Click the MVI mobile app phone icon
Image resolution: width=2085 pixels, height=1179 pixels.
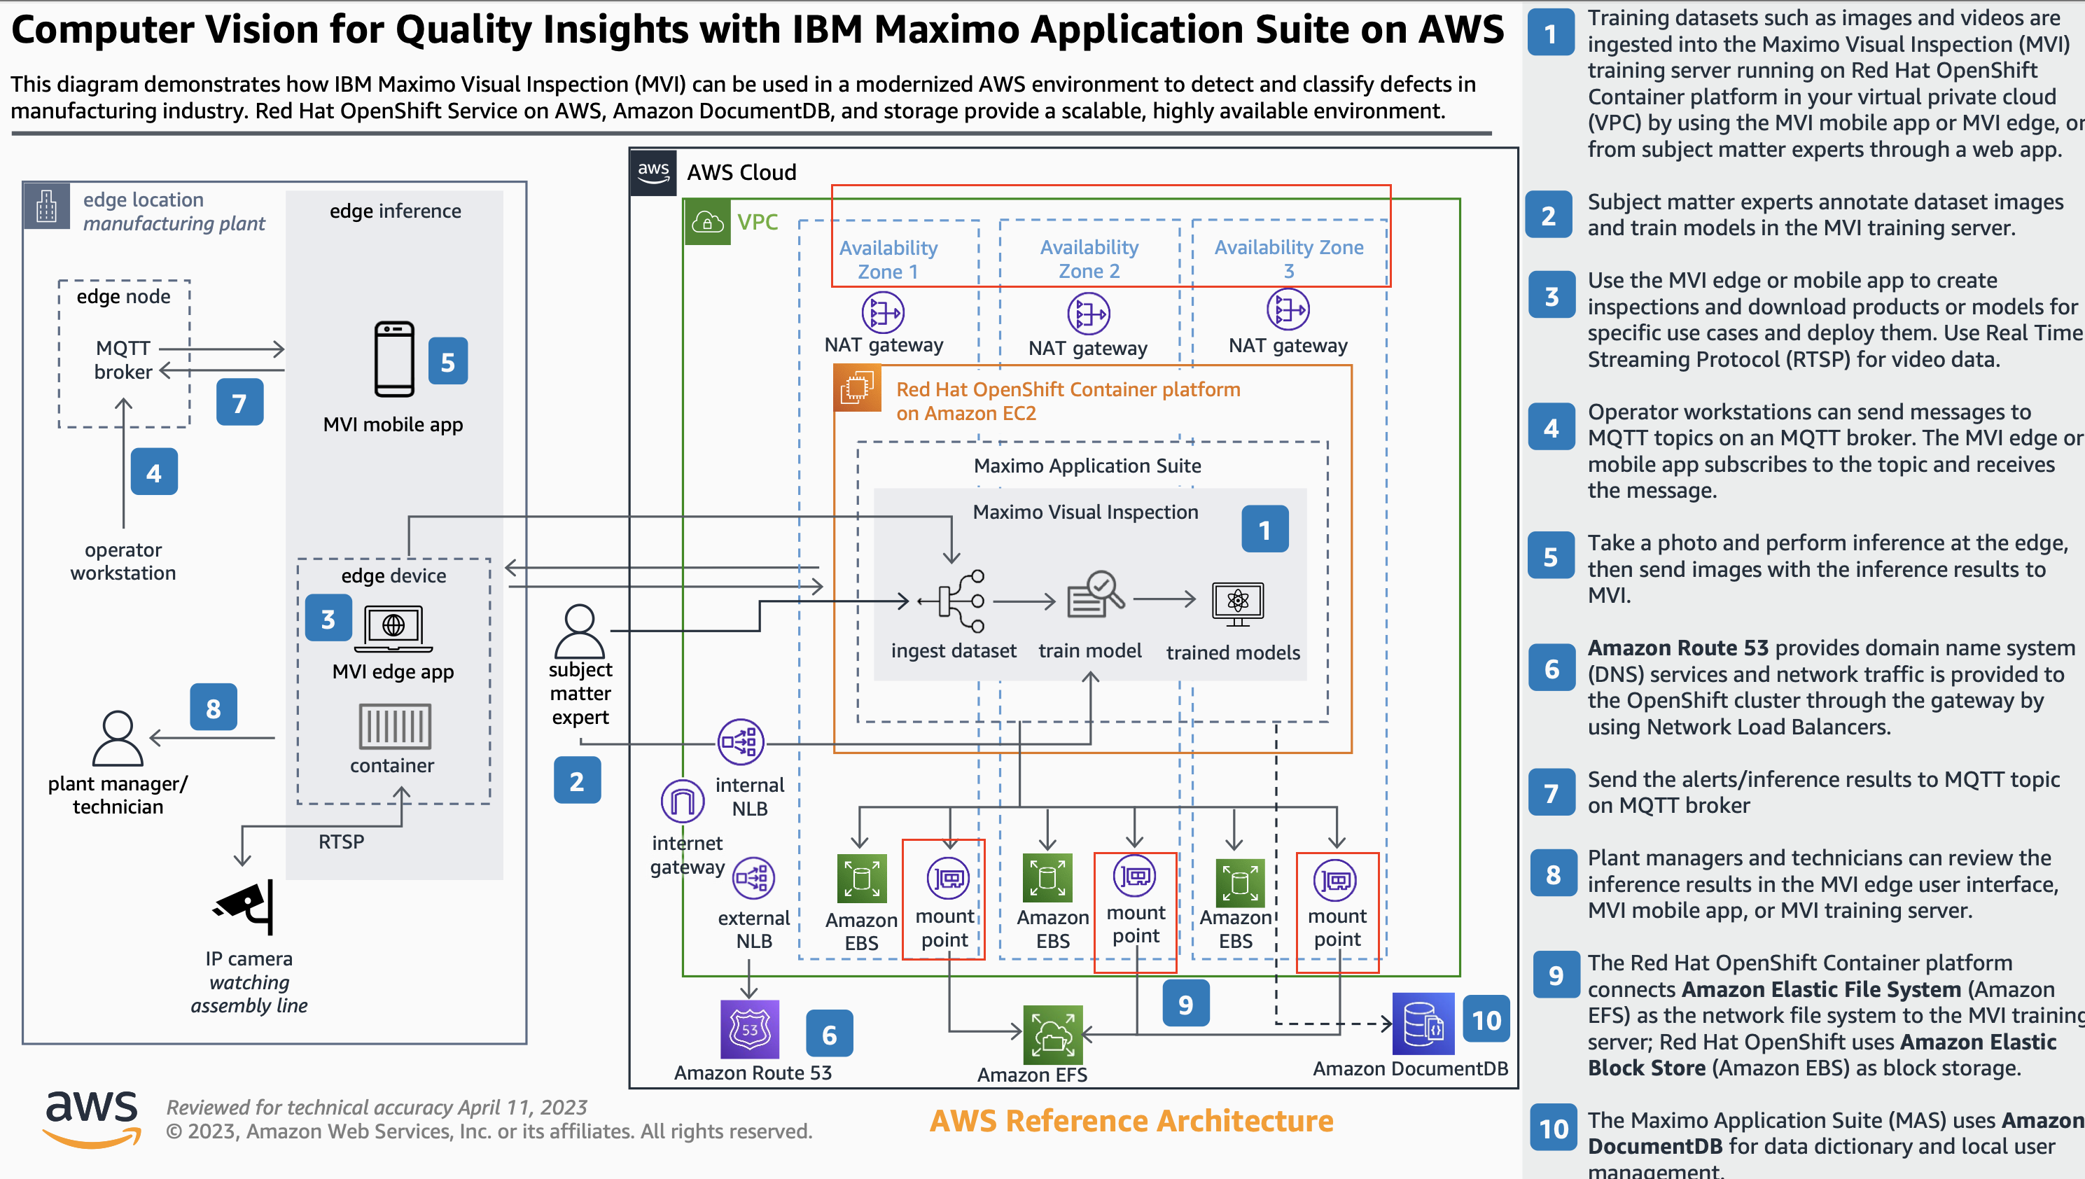point(394,360)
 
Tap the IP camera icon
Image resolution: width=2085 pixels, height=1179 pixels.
point(245,906)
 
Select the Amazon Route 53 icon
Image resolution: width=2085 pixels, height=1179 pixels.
point(750,1029)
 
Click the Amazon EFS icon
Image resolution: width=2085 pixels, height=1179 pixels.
point(1052,1034)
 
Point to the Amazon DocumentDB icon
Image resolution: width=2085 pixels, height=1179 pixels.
point(1423,1024)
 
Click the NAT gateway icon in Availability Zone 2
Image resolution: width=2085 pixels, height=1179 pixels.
point(1088,314)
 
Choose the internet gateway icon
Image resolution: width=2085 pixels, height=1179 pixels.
point(683,801)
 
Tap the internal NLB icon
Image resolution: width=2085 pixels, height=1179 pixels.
point(740,741)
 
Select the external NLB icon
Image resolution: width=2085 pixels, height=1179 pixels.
point(753,878)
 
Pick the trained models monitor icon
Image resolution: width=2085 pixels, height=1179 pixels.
point(1237,604)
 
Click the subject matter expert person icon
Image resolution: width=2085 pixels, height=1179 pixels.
point(580,631)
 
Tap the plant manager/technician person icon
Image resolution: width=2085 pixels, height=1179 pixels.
point(118,739)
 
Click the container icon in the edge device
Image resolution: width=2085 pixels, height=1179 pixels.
point(394,725)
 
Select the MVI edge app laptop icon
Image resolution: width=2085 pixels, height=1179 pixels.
point(393,629)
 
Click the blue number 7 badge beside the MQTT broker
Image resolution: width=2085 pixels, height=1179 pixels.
point(239,403)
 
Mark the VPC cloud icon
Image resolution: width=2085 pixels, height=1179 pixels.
point(707,222)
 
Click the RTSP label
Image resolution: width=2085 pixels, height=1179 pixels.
point(341,842)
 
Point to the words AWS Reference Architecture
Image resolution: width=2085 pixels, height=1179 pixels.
point(1131,1121)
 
